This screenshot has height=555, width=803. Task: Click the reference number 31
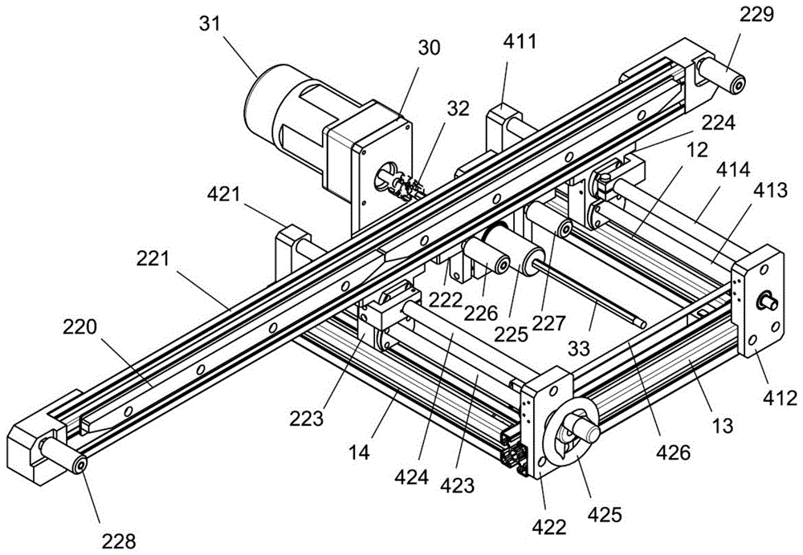pyautogui.click(x=210, y=23)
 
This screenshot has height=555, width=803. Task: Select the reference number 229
pyautogui.click(x=756, y=14)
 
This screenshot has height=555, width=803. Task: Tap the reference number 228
pyautogui.click(x=119, y=541)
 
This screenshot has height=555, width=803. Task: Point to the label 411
pyautogui.click(x=520, y=41)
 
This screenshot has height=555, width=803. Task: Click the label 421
pyautogui.click(x=224, y=194)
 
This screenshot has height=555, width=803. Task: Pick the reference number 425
pyautogui.click(x=605, y=514)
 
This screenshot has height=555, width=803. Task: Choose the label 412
pyautogui.click(x=781, y=398)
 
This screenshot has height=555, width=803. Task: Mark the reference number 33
pyautogui.click(x=579, y=348)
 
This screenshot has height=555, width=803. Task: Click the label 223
pyautogui.click(x=307, y=419)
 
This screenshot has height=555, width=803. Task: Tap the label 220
pyautogui.click(x=79, y=327)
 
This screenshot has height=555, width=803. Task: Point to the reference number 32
pyautogui.click(x=459, y=108)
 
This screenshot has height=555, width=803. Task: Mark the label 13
pyautogui.click(x=723, y=425)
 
